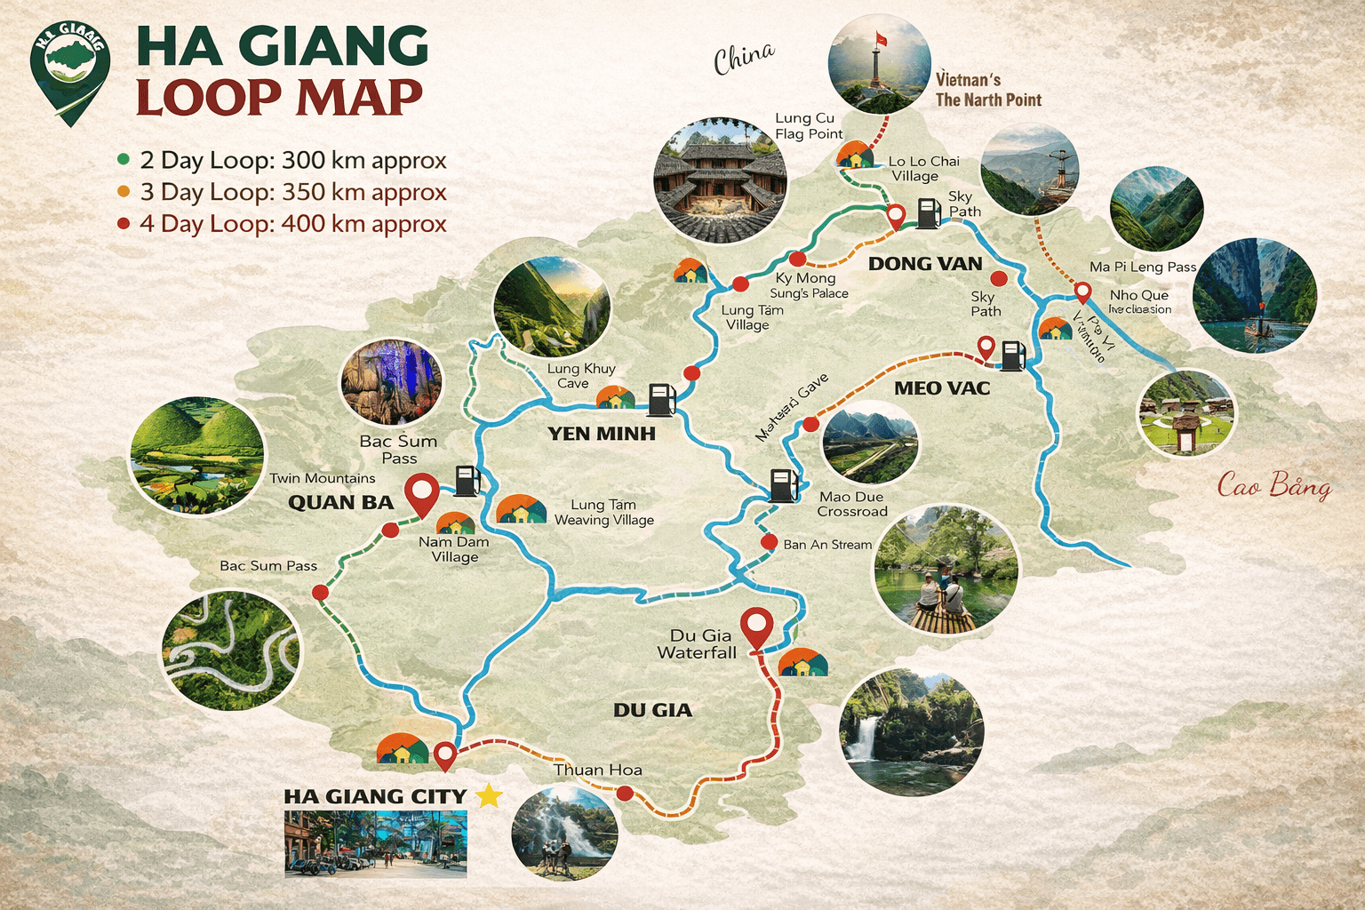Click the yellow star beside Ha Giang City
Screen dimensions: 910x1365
489,795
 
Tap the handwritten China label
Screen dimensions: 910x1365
744,59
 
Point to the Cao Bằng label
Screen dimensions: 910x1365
1273,485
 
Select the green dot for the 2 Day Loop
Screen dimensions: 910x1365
124,160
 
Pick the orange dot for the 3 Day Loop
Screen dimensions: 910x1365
124,192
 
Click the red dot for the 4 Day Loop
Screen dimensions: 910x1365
124,224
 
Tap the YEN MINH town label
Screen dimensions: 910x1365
602,434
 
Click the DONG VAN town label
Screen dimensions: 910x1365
925,263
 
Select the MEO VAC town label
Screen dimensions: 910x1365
942,388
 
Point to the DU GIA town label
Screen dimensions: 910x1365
652,710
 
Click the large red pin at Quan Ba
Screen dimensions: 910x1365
421,492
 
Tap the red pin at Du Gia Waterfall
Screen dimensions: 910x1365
756,627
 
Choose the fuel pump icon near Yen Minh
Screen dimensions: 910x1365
661,399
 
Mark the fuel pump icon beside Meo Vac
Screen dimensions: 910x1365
1013,355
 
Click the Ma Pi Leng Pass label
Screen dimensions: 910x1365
1143,267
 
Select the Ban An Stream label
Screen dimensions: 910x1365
827,545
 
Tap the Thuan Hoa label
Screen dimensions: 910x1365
597,770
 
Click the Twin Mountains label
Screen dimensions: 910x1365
323,478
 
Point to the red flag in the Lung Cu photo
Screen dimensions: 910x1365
882,39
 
